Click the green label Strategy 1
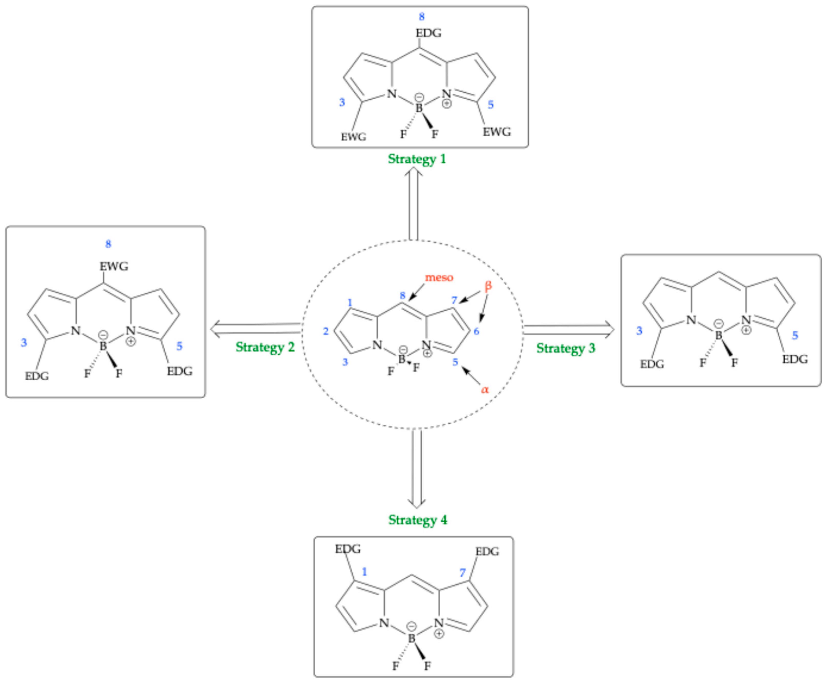[416, 159]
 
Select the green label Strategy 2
[265, 347]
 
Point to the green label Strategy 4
[417, 520]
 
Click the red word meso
[439, 277]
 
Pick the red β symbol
[488, 286]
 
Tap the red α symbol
[485, 390]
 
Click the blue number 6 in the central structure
[476, 331]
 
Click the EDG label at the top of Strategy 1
[428, 33]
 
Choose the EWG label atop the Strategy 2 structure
[114, 266]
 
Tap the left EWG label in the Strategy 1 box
[353, 137]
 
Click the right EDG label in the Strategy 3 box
[795, 359]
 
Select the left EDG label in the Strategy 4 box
[348, 549]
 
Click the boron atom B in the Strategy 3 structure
[718, 335]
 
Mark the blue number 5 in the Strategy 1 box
[490, 105]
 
